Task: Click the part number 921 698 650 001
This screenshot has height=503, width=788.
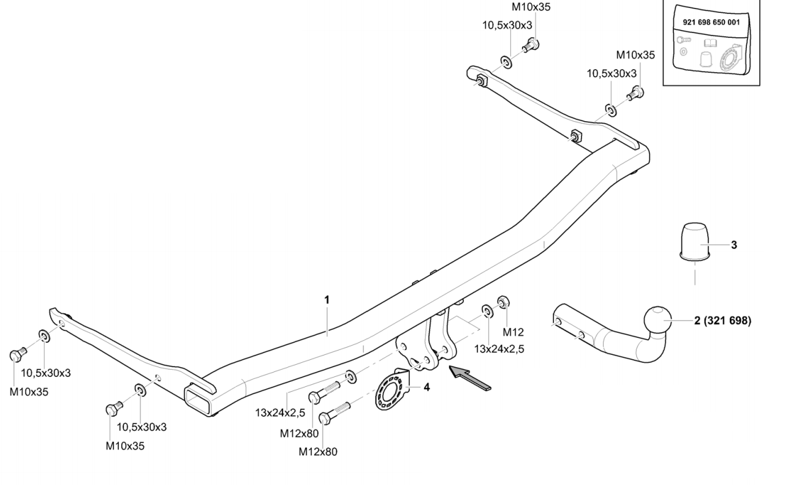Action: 711,22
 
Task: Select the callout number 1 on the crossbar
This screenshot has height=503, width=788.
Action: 327,299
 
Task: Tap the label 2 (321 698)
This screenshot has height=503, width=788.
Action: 722,320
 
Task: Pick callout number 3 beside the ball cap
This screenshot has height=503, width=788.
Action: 733,245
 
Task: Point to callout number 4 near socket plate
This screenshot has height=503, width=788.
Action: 426,387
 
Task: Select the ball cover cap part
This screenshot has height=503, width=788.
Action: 695,242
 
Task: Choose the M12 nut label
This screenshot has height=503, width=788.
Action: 513,332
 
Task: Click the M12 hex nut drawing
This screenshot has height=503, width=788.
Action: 502,302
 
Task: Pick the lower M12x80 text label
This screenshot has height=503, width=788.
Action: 317,452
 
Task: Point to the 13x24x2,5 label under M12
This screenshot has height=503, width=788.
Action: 499,349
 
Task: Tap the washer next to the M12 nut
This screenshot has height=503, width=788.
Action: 486,311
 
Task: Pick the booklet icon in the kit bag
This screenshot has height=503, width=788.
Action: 711,43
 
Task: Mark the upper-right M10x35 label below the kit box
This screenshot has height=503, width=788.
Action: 635,54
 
